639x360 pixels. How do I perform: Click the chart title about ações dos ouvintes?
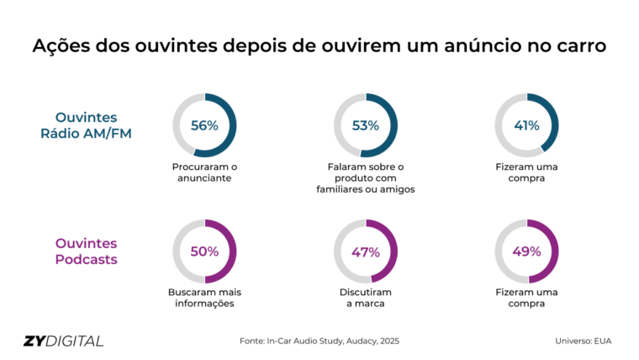pos(319,46)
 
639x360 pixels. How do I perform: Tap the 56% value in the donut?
pos(204,125)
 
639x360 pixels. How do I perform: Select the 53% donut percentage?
pos(365,125)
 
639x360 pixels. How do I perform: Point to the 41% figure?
pos(526,125)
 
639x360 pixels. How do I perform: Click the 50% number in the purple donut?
pos(204,251)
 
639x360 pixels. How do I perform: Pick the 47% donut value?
pos(365,251)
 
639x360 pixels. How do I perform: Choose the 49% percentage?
pos(526,251)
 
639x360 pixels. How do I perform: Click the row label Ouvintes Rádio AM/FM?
pos(87,125)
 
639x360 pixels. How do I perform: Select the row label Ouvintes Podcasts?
pos(87,251)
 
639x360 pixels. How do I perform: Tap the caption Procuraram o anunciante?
pos(203,172)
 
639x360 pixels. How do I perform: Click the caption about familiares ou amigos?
pos(365,177)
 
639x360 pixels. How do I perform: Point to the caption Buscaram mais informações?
pos(204,298)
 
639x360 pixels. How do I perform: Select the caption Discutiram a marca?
pos(365,298)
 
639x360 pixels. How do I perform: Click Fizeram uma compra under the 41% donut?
pos(526,172)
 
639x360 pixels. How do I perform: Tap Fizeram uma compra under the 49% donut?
pos(526,298)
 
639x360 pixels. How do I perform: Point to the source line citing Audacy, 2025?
pos(319,341)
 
